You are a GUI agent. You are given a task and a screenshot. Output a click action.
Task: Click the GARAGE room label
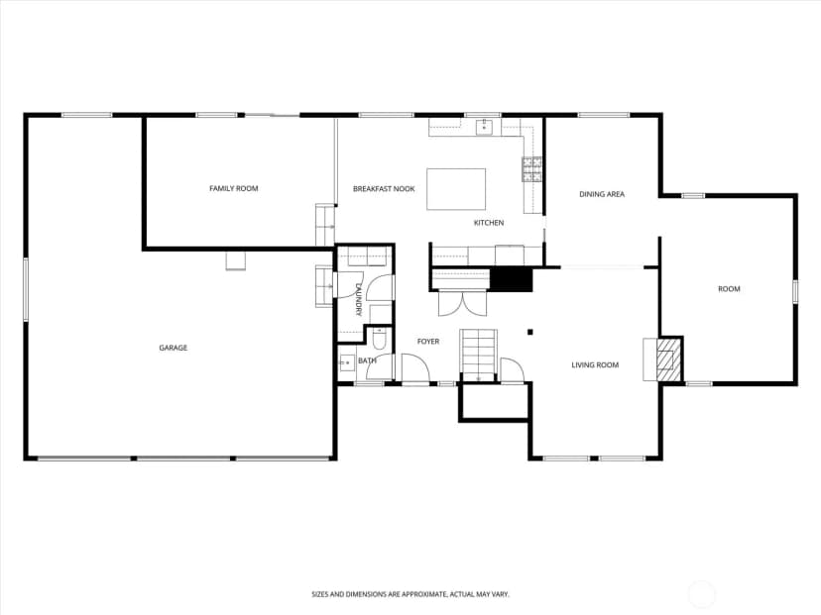coord(174,348)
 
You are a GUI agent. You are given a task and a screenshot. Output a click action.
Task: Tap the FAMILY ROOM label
coord(234,188)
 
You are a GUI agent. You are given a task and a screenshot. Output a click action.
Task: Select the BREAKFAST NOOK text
coord(384,189)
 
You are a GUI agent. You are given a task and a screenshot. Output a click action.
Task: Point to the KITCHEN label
coord(489,223)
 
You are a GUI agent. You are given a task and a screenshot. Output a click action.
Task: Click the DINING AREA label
coord(602,194)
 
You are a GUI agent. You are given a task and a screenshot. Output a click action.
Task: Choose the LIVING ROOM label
coord(595,365)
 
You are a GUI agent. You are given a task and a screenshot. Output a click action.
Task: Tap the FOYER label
coord(428,342)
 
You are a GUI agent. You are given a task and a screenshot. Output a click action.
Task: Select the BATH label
coord(367,360)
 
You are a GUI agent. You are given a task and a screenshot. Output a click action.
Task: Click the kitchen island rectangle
coord(456,189)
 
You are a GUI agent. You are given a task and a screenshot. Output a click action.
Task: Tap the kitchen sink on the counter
coord(484,127)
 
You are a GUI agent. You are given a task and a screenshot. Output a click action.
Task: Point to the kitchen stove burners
coord(531,169)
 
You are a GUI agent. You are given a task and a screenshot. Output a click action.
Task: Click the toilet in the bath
coord(379,339)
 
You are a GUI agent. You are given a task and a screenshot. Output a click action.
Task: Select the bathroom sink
coord(347,362)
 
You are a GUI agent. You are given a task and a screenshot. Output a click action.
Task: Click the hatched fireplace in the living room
coord(665,359)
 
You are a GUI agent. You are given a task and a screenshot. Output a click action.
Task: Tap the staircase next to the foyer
coord(478,355)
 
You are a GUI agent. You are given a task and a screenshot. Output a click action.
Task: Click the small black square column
coord(529,332)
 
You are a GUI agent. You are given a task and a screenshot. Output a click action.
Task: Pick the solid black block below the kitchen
coord(511,280)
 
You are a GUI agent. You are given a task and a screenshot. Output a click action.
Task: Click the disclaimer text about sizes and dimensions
coord(410,594)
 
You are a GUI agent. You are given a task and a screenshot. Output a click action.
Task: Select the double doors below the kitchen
coord(462,304)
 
